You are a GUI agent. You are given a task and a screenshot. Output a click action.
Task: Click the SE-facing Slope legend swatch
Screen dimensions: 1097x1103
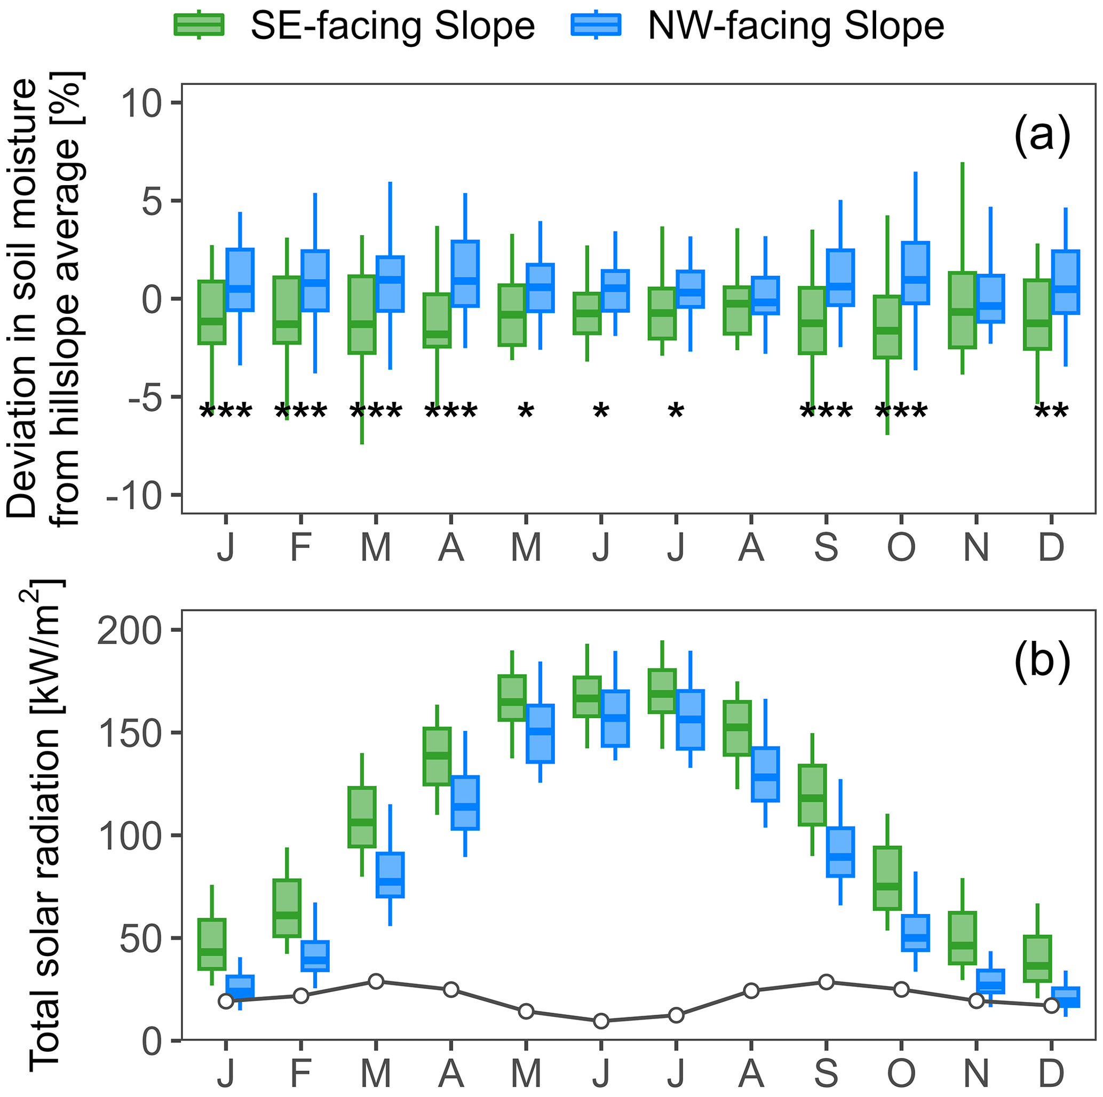[199, 25]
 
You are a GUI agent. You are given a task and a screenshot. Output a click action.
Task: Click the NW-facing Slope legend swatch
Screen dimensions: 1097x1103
[596, 25]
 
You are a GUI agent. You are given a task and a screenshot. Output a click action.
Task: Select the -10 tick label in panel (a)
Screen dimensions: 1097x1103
[133, 496]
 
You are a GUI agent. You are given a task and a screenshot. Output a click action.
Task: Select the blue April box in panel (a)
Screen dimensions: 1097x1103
[465, 274]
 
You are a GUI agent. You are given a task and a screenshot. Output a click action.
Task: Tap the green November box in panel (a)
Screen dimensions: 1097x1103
[963, 310]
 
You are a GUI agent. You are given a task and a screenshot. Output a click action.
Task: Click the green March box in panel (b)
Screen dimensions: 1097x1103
[362, 817]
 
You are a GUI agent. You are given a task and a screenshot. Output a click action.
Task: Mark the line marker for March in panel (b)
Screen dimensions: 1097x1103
[376, 981]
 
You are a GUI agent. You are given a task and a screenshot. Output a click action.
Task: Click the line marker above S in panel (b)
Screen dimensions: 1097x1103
[826, 982]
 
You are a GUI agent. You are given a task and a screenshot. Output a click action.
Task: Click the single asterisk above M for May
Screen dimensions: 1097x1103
[526, 411]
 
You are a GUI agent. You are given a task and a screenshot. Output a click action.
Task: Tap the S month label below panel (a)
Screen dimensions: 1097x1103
[826, 547]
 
